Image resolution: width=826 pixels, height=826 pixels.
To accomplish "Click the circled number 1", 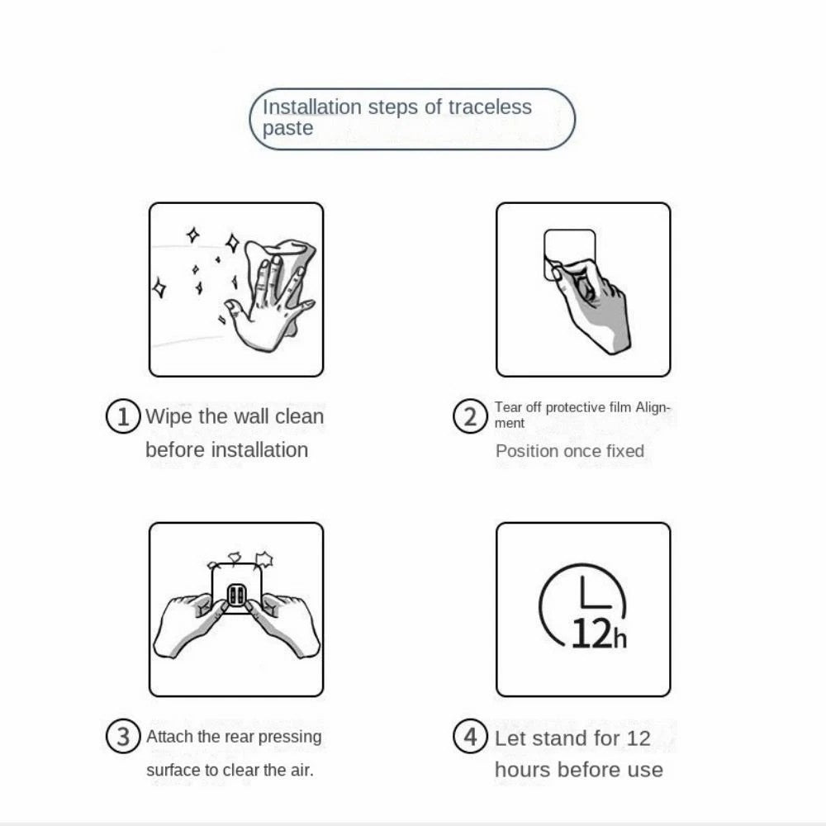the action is (123, 416).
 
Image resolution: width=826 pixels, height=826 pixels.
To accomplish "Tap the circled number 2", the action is (470, 416).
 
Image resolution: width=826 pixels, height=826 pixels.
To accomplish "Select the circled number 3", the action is (123, 736).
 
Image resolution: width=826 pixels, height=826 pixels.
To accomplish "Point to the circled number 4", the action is (470, 736).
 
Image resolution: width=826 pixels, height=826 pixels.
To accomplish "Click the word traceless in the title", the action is (490, 107).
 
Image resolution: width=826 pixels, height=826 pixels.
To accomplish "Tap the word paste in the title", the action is (287, 129).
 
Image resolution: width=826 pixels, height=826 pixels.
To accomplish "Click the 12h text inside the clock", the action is (598, 634).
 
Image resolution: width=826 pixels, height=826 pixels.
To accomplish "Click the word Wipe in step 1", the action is (169, 416).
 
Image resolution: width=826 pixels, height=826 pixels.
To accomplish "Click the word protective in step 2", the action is (575, 407).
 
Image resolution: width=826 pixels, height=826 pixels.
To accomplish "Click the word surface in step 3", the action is (173, 770).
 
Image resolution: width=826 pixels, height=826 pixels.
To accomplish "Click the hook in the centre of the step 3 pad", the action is (236, 595).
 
